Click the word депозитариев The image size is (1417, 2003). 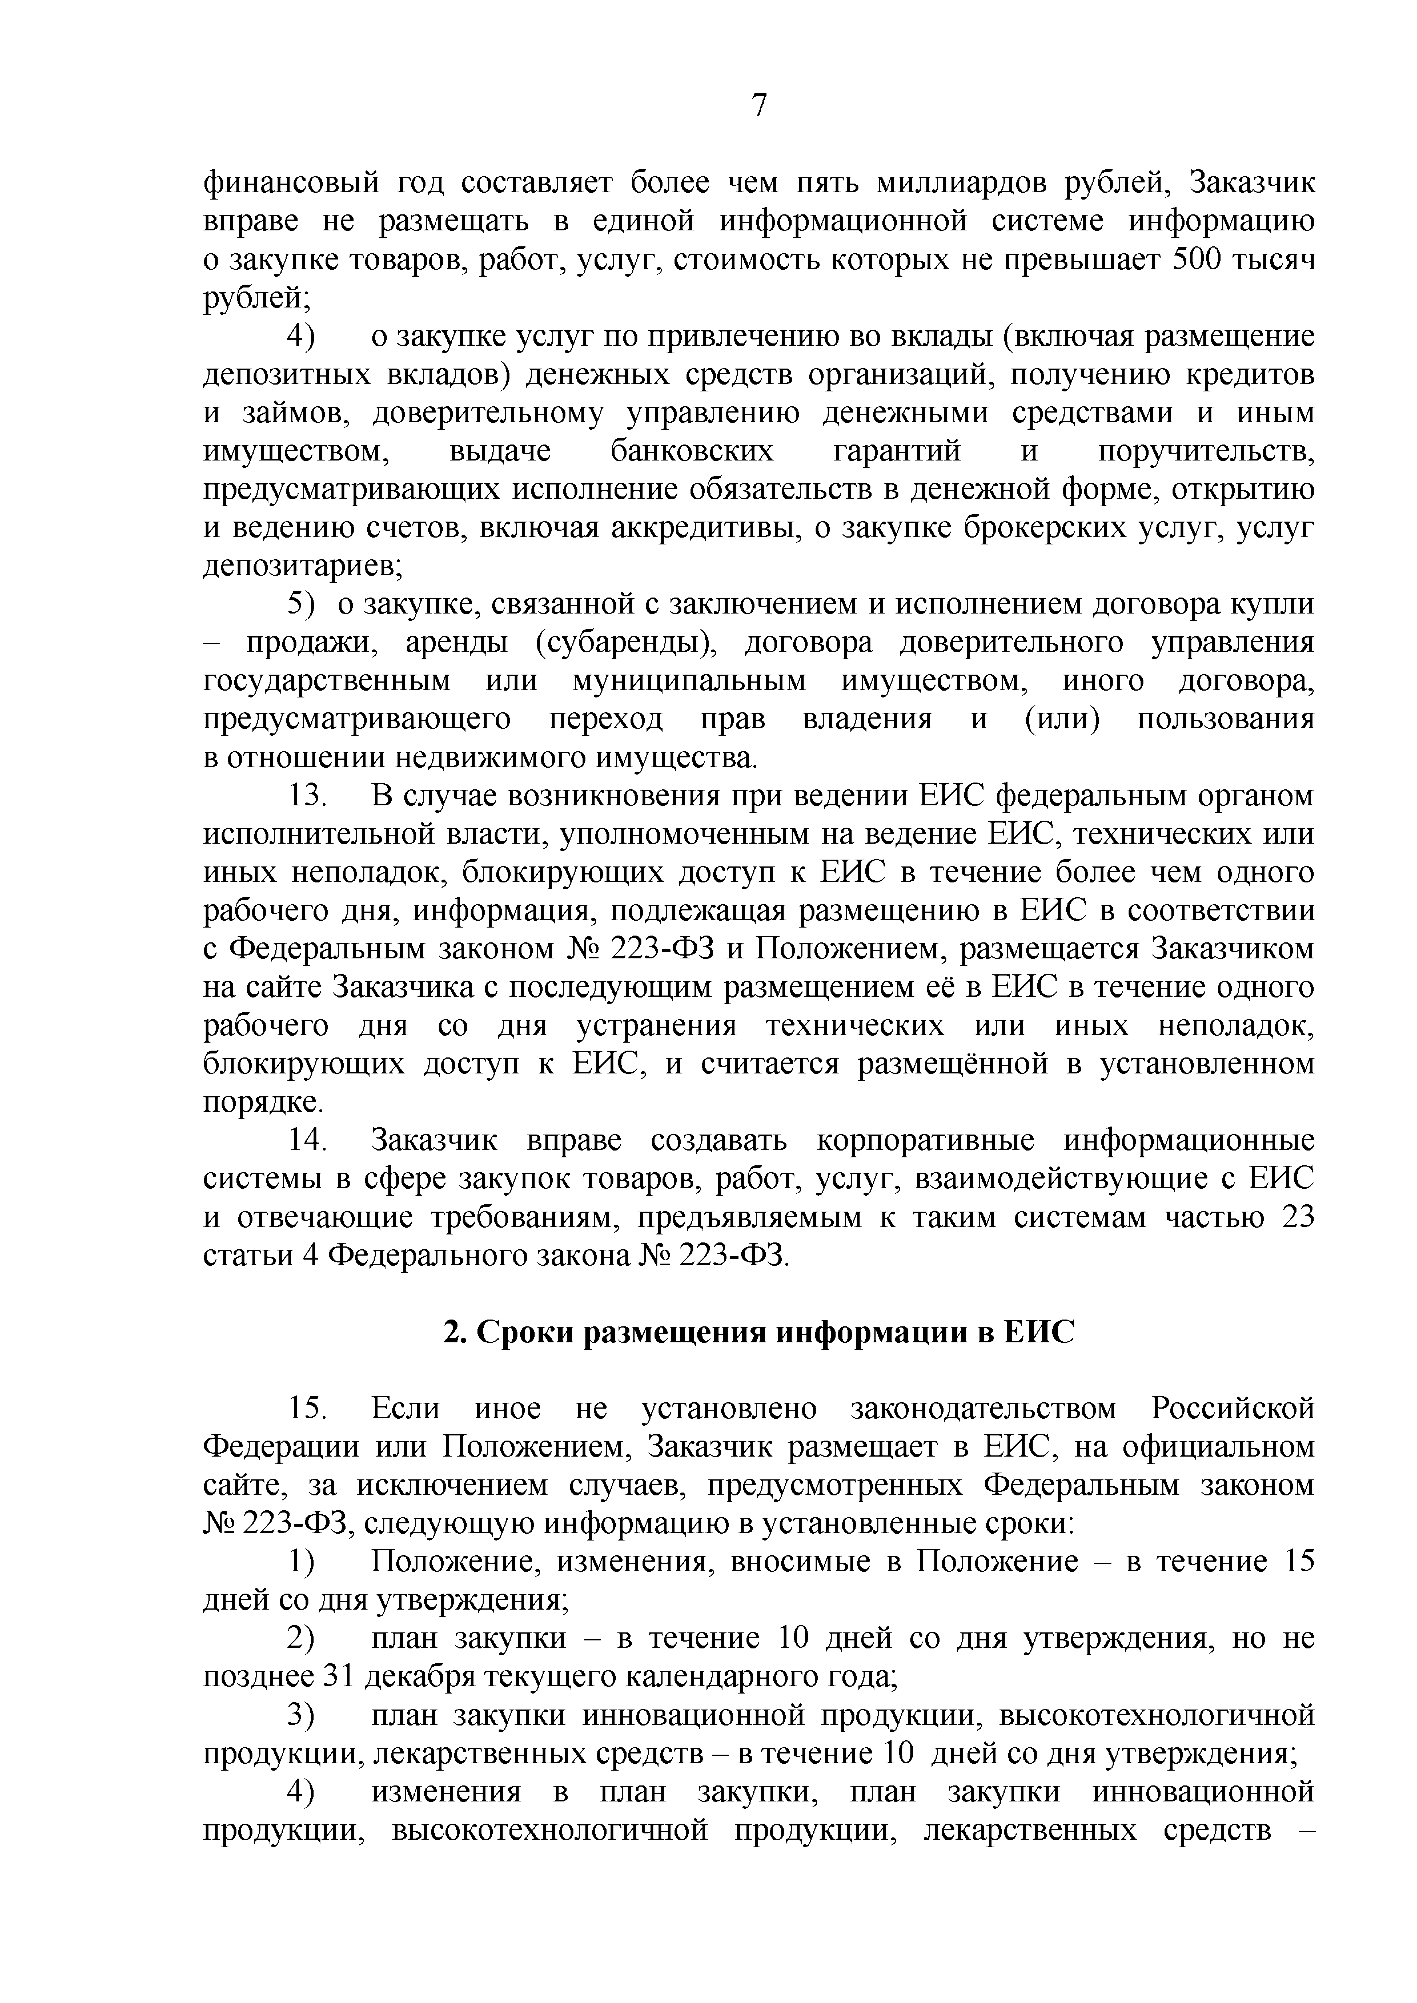(x=302, y=567)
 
